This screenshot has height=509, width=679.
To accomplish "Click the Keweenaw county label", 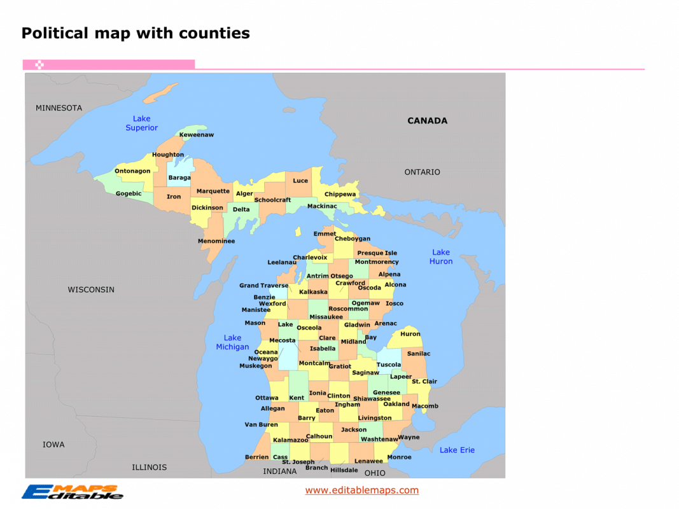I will tap(197, 135).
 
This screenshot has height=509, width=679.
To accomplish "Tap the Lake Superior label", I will tap(141, 123).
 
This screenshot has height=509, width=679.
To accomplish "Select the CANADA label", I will tap(427, 121).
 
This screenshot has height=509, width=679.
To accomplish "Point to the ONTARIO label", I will tap(422, 172).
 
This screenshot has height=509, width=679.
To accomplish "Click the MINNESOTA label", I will tap(59, 108).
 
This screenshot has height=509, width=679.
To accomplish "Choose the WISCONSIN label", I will tap(91, 289).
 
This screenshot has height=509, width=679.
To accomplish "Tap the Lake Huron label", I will tap(441, 257).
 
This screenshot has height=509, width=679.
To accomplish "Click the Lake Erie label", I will tap(457, 450).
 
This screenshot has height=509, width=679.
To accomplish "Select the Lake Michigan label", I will tap(232, 342).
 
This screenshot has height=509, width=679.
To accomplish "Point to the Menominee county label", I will tap(216, 241).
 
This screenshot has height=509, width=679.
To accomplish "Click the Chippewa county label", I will tap(340, 194).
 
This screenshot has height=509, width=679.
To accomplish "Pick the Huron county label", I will tap(410, 334).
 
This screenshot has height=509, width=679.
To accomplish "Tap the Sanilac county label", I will tap(419, 354).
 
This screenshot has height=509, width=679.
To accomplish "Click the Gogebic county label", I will tap(129, 193).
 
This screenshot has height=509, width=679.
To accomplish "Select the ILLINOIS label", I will tap(149, 467).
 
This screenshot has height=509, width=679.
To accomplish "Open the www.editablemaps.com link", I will tap(361, 490).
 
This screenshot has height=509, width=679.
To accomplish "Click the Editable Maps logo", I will tap(72, 492).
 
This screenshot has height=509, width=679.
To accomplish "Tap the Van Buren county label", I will tap(261, 424).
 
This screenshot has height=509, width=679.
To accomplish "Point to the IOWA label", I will tap(53, 445).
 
